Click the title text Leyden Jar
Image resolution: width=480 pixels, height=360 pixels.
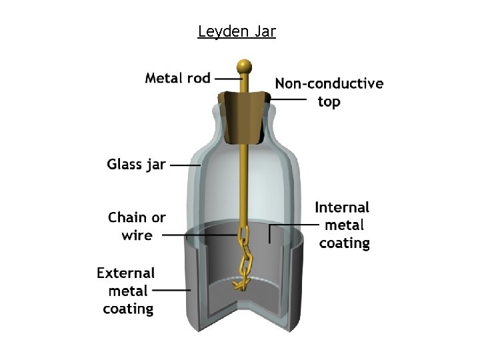click(237, 31)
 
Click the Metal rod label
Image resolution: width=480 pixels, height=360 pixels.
click(177, 78)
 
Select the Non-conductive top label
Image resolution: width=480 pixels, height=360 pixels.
click(329, 92)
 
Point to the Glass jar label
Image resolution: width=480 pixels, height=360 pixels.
click(136, 164)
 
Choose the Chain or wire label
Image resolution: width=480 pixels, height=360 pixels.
click(137, 226)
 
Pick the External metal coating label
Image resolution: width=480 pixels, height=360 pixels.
click(127, 291)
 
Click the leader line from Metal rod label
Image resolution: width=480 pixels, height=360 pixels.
click(229, 79)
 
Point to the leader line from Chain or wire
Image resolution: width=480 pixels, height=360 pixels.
click(200, 235)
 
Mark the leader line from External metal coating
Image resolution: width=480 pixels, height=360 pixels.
click(171, 290)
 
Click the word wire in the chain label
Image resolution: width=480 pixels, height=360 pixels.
click(137, 235)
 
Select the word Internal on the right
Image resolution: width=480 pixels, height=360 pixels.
click(342, 207)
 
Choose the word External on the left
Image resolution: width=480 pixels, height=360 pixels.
click(125, 273)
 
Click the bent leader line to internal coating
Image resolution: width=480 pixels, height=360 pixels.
click(269, 231)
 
